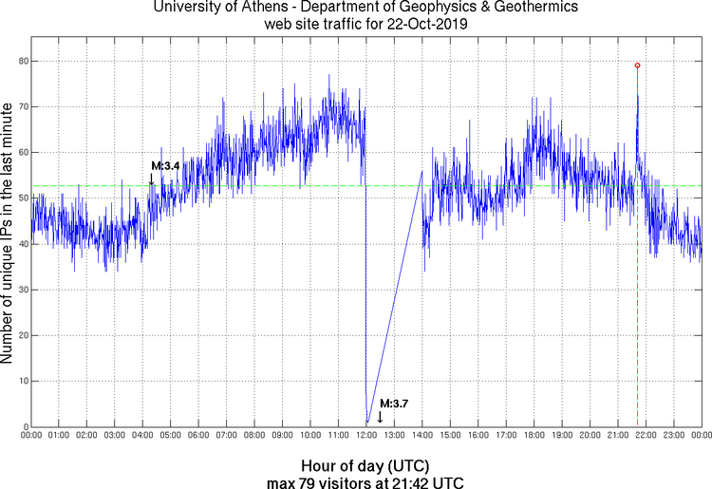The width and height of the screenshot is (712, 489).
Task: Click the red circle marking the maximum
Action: click(x=637, y=66)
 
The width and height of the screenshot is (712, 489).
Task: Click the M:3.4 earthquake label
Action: click(x=165, y=166)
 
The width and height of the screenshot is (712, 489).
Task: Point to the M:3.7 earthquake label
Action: click(x=393, y=404)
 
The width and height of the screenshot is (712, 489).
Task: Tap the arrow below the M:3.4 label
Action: click(x=152, y=178)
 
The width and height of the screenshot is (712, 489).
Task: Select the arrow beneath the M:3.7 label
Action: click(x=380, y=416)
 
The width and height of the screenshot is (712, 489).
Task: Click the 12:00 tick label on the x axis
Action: click(x=366, y=435)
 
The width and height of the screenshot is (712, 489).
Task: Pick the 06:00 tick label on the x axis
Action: click(x=198, y=435)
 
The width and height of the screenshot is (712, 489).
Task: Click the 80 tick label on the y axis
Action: click(x=21, y=61)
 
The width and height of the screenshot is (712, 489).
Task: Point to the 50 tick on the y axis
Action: click(x=21, y=197)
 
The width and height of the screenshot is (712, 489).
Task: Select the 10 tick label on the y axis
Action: click(x=21, y=381)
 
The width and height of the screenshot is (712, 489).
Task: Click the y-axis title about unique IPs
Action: click(x=9, y=234)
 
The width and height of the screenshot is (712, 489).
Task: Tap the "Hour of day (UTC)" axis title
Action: click(x=365, y=466)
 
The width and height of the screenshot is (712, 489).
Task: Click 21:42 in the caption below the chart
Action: click(x=409, y=482)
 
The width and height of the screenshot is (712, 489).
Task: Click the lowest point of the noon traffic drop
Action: click(x=366, y=423)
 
